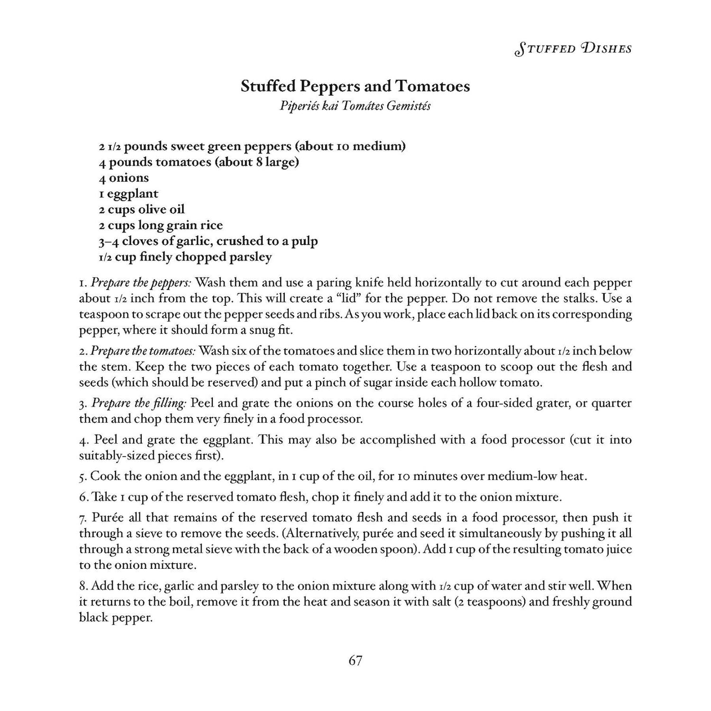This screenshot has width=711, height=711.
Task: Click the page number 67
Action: pos(355,660)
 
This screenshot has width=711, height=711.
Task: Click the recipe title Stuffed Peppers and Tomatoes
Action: pos(355,86)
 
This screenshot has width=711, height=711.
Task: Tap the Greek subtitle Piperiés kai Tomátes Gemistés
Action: pos(355,106)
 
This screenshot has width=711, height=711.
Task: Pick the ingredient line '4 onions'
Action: pos(124,178)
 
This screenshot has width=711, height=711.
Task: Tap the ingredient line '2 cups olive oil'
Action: pos(142,209)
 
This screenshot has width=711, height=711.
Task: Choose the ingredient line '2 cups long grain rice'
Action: pos(161,225)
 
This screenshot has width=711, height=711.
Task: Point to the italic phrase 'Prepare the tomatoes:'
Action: pos(143,351)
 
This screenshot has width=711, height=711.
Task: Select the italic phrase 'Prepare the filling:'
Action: pos(139,403)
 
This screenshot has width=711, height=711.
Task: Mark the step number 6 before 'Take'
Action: pos(82,497)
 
